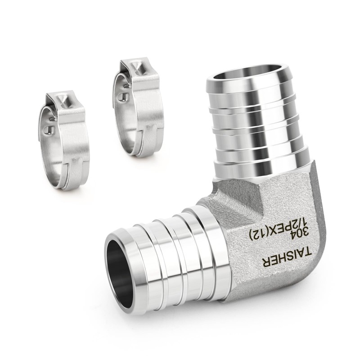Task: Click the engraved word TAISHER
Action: [287, 257]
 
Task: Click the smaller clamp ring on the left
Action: [63, 140]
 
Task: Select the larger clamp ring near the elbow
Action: [137, 108]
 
